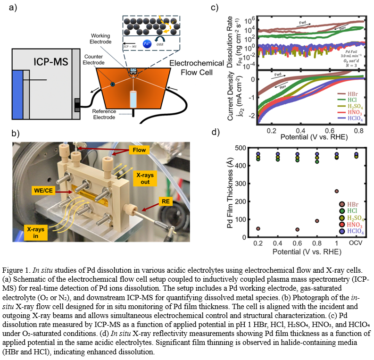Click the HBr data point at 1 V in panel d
click(336, 191)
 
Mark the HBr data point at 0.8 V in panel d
click(317, 221)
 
